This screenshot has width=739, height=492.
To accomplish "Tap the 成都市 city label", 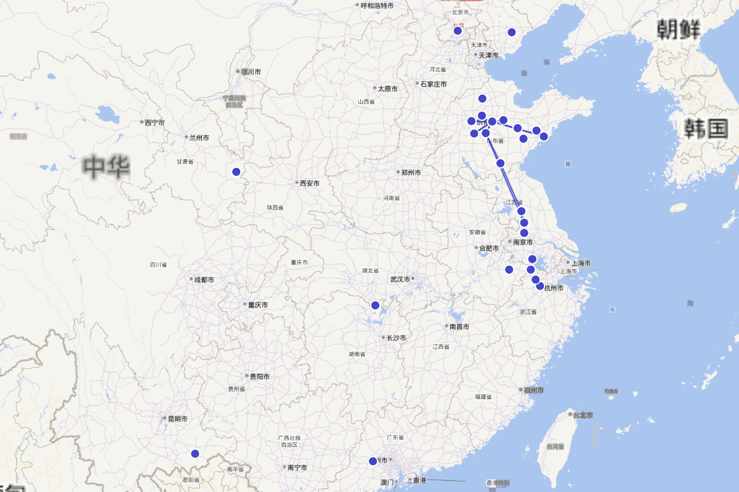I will [x=204, y=280].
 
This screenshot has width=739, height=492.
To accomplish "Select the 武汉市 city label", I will [x=400, y=279].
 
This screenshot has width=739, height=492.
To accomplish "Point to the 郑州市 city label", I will [x=411, y=173].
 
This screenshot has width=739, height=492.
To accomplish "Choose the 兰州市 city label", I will [x=199, y=138].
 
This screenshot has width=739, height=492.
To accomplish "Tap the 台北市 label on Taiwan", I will [x=583, y=415].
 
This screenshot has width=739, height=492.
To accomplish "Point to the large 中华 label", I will [x=107, y=167].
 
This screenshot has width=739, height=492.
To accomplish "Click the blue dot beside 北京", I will [x=458, y=31].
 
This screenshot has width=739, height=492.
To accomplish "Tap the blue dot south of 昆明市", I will [x=195, y=454].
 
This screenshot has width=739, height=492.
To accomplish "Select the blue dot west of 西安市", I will [x=236, y=172].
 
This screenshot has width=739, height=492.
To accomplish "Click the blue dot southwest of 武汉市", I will [x=375, y=305].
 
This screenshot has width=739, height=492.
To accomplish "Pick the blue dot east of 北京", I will [x=511, y=32].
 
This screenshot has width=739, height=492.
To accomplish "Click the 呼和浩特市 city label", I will [x=377, y=6].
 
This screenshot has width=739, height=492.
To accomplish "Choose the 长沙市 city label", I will [x=394, y=338].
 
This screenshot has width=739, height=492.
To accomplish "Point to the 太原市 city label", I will [x=387, y=89].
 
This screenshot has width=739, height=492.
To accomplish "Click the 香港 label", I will [x=419, y=480].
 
